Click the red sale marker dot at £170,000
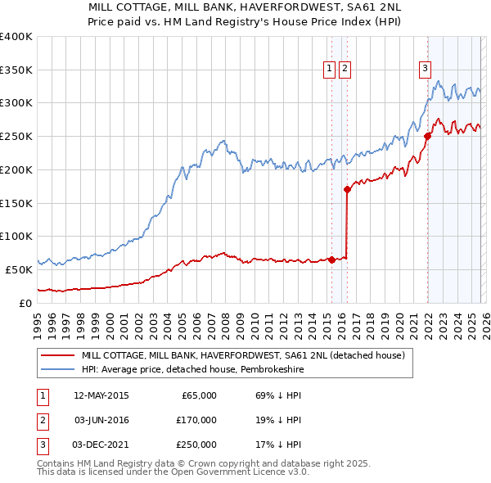pos(347,189)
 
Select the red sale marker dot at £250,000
pos(427,136)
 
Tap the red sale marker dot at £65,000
pos(331,260)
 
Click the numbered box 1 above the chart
pos(329,70)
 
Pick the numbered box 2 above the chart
pos(345,70)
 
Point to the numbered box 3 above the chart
pos(426,70)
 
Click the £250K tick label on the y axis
pos(16,137)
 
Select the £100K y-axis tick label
pos(16,236)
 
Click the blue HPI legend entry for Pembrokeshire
pos(205,369)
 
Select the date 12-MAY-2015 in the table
pos(101,395)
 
